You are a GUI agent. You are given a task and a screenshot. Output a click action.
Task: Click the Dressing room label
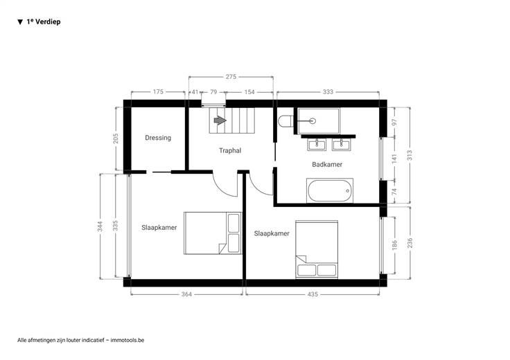pyautogui.click(x=158, y=138)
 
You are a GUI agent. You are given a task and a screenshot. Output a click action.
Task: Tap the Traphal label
pyautogui.click(x=230, y=150)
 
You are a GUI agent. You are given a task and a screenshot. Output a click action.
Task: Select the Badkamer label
pyautogui.click(x=327, y=164)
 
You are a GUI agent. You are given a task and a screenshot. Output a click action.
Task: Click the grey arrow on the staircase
pyautogui.click(x=220, y=120)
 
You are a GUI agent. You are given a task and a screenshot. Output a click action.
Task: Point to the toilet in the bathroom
pyautogui.click(x=286, y=121)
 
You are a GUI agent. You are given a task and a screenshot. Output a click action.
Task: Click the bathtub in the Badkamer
pyautogui.click(x=330, y=190)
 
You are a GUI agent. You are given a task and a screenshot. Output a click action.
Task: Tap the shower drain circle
pyautogui.click(x=313, y=121)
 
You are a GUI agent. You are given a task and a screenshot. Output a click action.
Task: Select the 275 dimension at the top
pyautogui.click(x=231, y=77)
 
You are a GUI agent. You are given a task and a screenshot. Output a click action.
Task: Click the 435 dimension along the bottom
pyautogui.click(x=313, y=294)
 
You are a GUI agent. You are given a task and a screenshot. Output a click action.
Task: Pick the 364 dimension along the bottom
pyautogui.click(x=186, y=294)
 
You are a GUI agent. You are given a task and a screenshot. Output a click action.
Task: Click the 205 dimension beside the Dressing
pyautogui.click(x=116, y=138)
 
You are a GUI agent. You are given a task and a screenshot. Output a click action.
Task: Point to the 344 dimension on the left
pyautogui.click(x=100, y=226)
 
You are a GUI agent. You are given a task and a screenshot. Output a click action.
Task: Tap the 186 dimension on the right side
pyautogui.click(x=395, y=245)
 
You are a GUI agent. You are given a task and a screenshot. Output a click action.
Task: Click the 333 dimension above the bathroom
pyautogui.click(x=328, y=92)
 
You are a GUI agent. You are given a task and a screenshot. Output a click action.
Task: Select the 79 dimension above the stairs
pyautogui.click(x=213, y=92)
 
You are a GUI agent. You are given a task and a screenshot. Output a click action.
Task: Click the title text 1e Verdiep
pyautogui.click(x=44, y=21)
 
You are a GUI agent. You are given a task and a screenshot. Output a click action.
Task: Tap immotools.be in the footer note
pyautogui.click(x=127, y=340)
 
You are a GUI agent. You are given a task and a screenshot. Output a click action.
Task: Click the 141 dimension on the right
pyautogui.click(x=395, y=159)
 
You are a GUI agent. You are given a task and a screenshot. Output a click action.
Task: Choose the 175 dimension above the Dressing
pyautogui.click(x=158, y=92)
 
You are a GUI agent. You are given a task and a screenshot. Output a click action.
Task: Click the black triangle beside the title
pyautogui.click(x=20, y=22)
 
